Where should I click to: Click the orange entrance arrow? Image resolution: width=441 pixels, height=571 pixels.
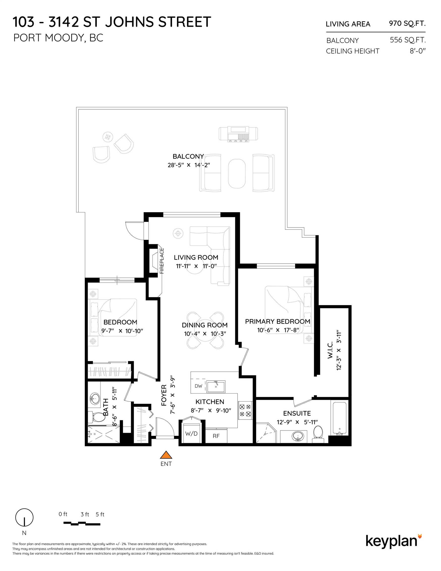[x=166, y=455]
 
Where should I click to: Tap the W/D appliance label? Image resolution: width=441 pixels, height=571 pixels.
[x=191, y=433]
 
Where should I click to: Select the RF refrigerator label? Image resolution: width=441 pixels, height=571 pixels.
[x=216, y=436]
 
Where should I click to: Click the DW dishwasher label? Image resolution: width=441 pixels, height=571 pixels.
[x=198, y=386]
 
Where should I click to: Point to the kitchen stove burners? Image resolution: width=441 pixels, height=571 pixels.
[x=245, y=410]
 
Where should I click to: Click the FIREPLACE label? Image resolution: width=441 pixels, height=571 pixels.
[x=162, y=261]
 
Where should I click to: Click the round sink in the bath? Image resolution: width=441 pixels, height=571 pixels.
[x=95, y=399]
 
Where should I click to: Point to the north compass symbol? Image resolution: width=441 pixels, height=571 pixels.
[x=24, y=518]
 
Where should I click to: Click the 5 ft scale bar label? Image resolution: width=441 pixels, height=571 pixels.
[x=100, y=514]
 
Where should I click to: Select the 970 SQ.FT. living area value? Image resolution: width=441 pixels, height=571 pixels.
[x=407, y=24]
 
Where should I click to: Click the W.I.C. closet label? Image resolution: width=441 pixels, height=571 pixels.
[x=330, y=350]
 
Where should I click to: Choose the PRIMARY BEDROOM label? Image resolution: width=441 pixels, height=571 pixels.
[x=278, y=321]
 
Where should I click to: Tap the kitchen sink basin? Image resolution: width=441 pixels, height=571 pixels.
[x=216, y=387]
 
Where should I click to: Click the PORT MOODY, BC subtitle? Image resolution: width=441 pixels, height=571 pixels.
[x=58, y=38]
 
